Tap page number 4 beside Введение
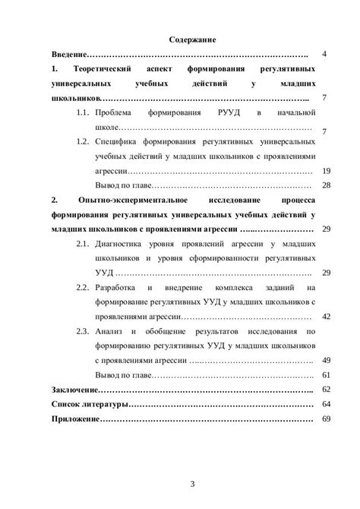[324, 55]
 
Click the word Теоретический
[106, 70]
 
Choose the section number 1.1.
[87, 113]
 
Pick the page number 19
[327, 170]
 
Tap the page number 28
[327, 185]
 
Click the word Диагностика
[126, 244]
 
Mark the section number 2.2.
[87, 288]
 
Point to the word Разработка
[125, 288]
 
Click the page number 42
[327, 316]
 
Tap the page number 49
[327, 360]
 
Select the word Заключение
[74, 389]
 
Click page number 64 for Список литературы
[327, 403]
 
